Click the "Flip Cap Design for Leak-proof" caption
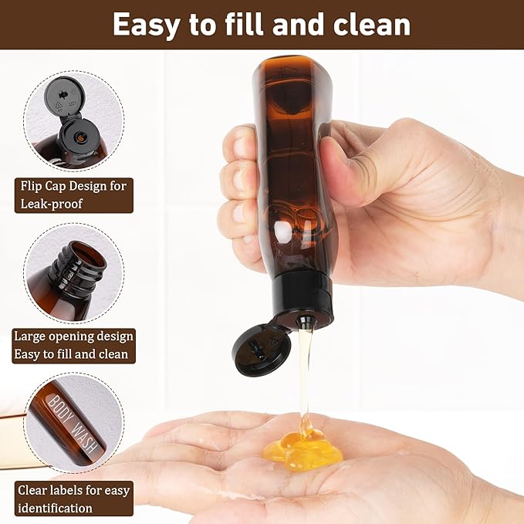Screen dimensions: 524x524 pos(73,194)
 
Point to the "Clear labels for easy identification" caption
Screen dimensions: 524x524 pos(74,499)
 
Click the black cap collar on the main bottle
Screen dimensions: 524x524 pos(304,297)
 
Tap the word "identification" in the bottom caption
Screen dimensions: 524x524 pos(55,508)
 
